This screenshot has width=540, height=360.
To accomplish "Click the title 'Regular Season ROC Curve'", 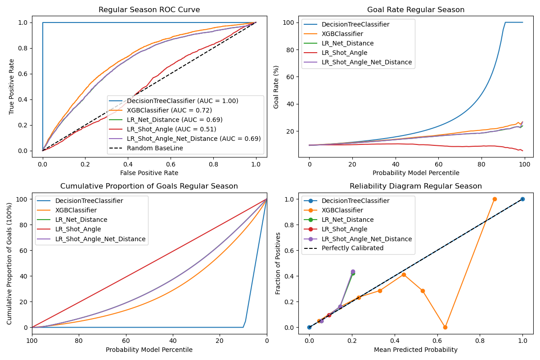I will pos(149,10).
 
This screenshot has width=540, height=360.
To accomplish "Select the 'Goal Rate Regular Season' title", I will pos(416,10).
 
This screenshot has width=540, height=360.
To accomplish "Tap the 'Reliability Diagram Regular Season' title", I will pos(416,186).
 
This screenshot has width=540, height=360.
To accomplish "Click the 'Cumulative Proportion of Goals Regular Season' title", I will pos(149,186).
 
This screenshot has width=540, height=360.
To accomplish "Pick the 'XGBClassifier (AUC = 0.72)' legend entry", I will pos(169,110).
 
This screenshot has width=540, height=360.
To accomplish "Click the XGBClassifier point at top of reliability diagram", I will pos(495,199).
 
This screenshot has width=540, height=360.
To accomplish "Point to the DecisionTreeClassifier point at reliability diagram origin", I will pos(309,327).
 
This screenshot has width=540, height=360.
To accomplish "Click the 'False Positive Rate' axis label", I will pos(149,173).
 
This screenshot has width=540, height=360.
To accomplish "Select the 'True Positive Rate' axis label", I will pos(12,86).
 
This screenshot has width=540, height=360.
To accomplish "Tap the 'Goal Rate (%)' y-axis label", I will pos(276,86).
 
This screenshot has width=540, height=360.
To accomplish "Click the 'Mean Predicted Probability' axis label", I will pos(416,350).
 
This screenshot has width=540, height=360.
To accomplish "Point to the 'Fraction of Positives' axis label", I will pos(279,263).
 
